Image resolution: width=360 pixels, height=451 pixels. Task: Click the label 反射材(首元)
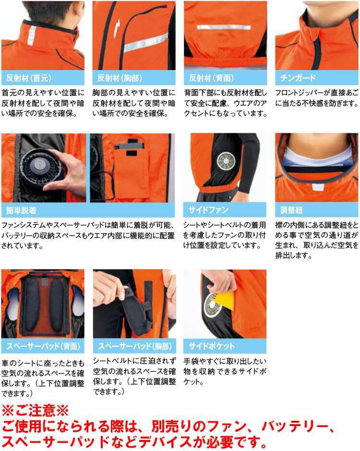[29, 78]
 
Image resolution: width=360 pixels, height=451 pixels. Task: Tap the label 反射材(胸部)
[120, 78]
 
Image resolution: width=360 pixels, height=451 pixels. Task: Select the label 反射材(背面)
[211, 78]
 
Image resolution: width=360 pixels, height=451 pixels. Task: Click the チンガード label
[298, 78]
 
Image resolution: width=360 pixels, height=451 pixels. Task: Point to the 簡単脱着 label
[21, 210]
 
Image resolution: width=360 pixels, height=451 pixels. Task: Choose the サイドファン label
[208, 210]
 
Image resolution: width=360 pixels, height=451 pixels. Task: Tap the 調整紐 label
[291, 210]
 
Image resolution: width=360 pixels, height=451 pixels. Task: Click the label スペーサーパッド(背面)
[43, 346]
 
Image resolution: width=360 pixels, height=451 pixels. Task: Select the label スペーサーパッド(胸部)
[135, 346]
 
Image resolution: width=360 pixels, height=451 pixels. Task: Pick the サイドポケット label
[211, 346]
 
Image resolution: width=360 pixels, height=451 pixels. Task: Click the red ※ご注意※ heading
[35, 410]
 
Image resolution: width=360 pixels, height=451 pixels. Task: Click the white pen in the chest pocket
[117, 28]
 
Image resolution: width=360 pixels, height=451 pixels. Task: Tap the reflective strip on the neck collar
[32, 36]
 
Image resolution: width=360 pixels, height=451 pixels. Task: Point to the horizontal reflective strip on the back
[224, 27]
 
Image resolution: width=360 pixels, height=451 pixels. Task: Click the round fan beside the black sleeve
[226, 161]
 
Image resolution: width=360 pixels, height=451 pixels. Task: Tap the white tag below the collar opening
[318, 188]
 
